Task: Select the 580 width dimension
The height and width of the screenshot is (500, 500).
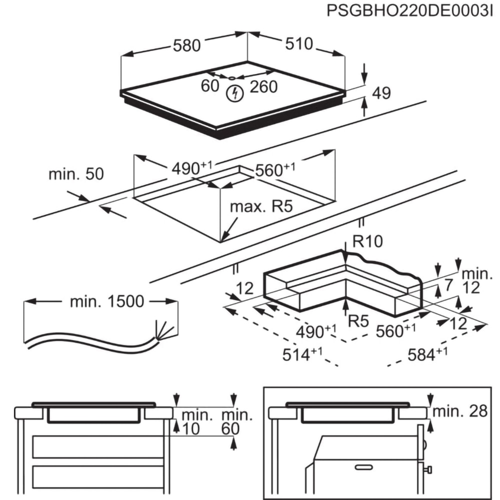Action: coord(186,45)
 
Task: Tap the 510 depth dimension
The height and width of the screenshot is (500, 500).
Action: coord(299,44)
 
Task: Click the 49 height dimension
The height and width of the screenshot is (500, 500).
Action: coord(381,92)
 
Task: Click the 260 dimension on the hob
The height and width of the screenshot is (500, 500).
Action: coord(263,87)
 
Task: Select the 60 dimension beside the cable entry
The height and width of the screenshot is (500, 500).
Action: coord(210,86)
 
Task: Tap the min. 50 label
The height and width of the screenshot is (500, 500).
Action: coord(76,174)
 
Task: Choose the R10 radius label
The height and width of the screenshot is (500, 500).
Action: coord(367,242)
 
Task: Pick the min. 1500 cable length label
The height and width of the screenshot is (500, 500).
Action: coord(107,301)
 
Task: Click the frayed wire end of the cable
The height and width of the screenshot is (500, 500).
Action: coord(165,330)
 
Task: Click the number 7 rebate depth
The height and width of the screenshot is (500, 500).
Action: coord(448,286)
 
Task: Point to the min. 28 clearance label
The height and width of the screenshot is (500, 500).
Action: coord(459,411)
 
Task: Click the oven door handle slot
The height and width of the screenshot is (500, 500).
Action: coord(364,467)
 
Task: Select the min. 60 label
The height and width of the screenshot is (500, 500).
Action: coord(236,421)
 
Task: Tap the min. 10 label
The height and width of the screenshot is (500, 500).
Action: coord(196,421)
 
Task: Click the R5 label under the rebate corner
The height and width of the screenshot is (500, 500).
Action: coord(358,321)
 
